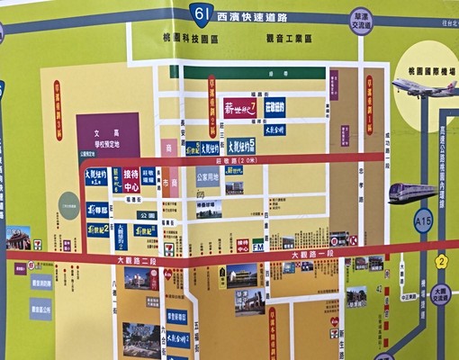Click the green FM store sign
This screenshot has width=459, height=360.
tap(257, 244)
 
